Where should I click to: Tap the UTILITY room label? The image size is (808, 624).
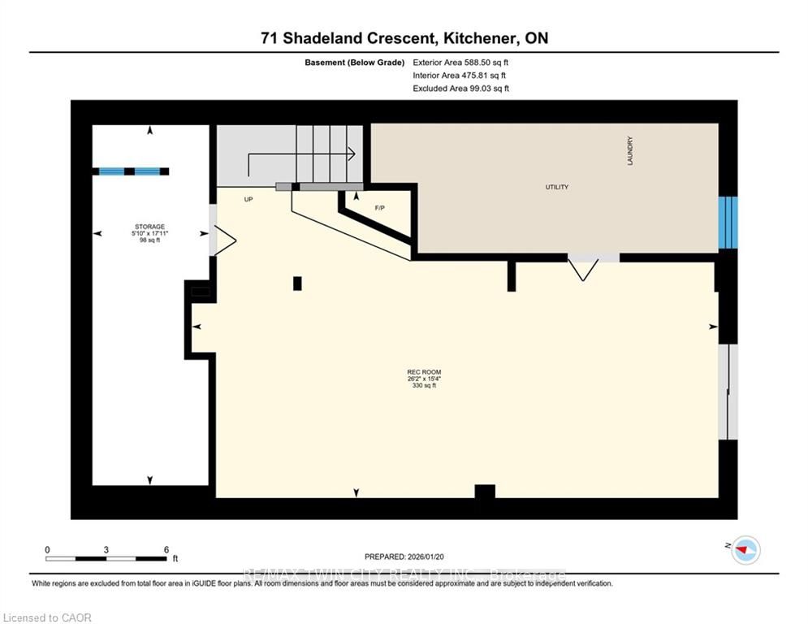click(557, 188)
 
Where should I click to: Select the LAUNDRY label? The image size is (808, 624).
click(630, 151)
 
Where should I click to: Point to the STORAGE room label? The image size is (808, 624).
click(150, 227)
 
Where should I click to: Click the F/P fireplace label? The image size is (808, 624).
click(379, 207)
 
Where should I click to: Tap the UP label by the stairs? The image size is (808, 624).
click(249, 198)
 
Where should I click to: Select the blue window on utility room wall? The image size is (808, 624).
click(728, 222)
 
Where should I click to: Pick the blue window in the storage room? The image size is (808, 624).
click(131, 171)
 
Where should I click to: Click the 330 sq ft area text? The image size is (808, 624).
click(423, 386)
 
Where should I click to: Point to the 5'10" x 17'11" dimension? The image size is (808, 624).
click(150, 233)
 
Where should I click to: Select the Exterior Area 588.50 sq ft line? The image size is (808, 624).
click(461, 62)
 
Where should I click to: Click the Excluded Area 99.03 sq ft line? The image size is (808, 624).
click(461, 88)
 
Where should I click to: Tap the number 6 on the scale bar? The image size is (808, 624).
click(166, 550)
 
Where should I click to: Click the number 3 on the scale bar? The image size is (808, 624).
click(106, 550)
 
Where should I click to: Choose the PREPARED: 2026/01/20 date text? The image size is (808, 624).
click(406, 557)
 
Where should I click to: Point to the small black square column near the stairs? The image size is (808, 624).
click(297, 283)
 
